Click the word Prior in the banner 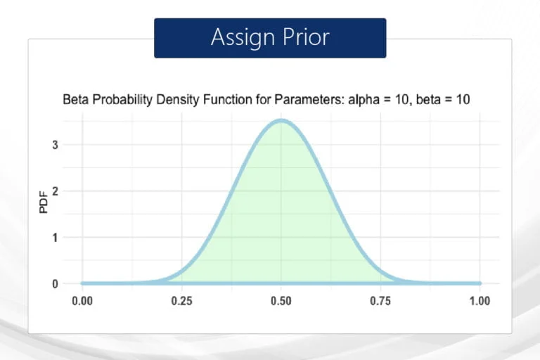click(306, 37)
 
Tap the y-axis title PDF click(44, 202)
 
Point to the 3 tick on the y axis click(55, 145)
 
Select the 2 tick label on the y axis click(55, 191)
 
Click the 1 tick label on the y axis click(55, 238)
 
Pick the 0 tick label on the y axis click(55, 283)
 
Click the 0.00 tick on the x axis click(82, 301)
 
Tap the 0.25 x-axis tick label click(181, 301)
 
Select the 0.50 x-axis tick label click(281, 301)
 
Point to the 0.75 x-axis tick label click(380, 301)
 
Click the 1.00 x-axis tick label click(480, 301)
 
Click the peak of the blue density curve click(281, 120)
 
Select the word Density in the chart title click(178, 100)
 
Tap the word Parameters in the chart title click(309, 100)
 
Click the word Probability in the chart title click(122, 100)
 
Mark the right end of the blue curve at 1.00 click(480, 283)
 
